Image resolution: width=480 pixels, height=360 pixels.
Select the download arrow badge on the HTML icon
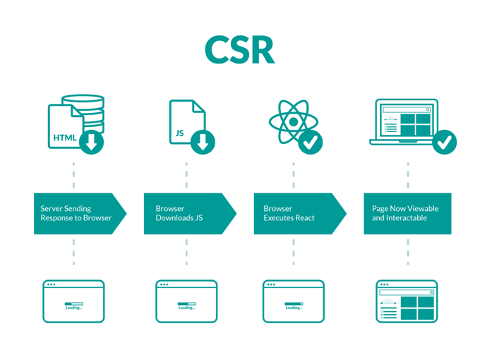click(92, 143)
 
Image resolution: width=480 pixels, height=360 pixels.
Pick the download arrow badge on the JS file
click(203, 143)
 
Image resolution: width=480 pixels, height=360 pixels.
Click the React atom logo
click(292, 122)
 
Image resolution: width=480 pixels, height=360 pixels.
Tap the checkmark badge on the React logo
click(311, 143)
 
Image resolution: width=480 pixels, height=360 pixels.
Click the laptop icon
click(404, 121)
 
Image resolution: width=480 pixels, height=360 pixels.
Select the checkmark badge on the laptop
click(444, 143)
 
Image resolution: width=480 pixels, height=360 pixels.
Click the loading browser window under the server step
click(73, 301)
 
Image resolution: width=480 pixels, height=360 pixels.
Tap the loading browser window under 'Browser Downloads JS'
click(186, 301)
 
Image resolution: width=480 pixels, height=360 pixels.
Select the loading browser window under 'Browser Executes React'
click(294, 301)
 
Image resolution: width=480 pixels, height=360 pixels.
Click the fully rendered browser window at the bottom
click(407, 301)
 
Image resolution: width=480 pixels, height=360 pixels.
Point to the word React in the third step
click(303, 218)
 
